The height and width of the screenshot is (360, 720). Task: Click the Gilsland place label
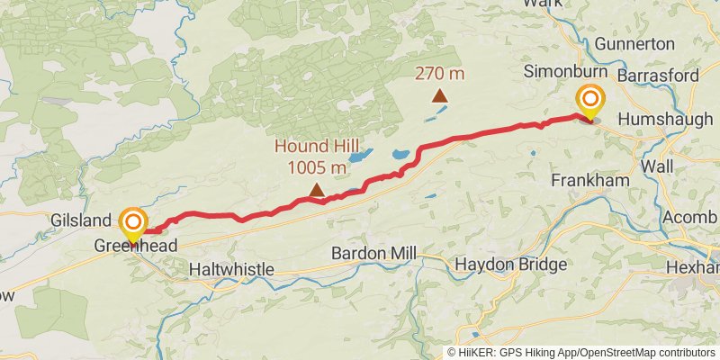tap(80, 220)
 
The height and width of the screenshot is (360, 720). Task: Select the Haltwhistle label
tap(232, 269)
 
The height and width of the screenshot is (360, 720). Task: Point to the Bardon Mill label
tap(374, 253)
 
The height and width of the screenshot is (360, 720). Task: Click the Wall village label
tap(657, 166)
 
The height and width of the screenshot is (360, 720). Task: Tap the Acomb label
tap(689, 218)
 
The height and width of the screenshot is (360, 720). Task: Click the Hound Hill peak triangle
tap(317, 190)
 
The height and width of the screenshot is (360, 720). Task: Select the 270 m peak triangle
tap(439, 95)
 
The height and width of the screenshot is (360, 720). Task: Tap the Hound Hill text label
tap(317, 148)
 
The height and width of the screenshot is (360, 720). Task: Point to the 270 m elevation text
tap(439, 72)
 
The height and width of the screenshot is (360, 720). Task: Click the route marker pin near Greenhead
tap(134, 225)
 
